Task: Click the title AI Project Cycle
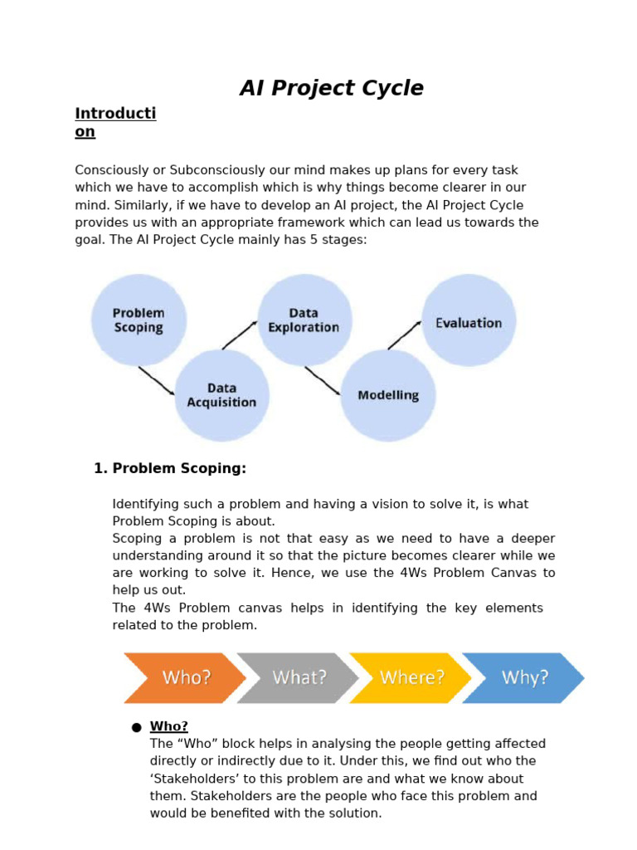coord(331,88)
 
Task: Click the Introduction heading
coord(115,122)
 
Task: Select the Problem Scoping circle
coord(139,320)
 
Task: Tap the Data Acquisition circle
coord(221,395)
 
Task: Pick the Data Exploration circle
coord(304,320)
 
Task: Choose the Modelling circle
coord(388,395)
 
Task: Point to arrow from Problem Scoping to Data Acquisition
coord(156,380)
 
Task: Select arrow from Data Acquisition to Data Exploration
coord(240,335)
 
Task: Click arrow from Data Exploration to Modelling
coord(323,380)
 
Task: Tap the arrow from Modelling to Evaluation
coord(405,335)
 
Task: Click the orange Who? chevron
coord(185,677)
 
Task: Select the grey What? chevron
coord(299,677)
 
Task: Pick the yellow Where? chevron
coord(411,677)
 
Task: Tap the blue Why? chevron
coord(524,677)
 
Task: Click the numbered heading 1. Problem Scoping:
coord(171,469)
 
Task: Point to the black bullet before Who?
coord(136,728)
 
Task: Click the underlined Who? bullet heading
coord(169,727)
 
